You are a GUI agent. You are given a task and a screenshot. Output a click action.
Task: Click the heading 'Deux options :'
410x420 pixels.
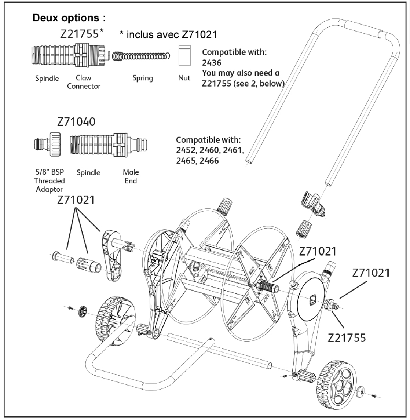pyautogui.click(x=69, y=18)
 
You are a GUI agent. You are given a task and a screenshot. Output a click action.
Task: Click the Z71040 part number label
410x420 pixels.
pyautogui.click(x=76, y=122)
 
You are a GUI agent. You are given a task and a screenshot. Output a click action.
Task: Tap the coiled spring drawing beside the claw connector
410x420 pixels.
pyautogui.click(x=141, y=56)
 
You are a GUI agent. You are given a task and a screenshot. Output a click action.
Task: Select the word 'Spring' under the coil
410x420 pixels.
pyautogui.click(x=143, y=78)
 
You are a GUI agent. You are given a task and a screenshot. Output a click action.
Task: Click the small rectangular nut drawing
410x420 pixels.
pyautogui.click(x=184, y=55)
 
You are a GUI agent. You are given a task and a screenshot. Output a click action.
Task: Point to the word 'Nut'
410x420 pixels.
pyautogui.click(x=184, y=78)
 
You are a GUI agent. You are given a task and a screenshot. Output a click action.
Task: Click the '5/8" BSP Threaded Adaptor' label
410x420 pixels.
pyautogui.click(x=50, y=180)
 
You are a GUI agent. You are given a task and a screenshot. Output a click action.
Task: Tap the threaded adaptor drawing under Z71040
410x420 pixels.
pyautogui.click(x=48, y=144)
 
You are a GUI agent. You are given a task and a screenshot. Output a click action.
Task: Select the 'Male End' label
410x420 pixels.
pyautogui.click(x=131, y=176)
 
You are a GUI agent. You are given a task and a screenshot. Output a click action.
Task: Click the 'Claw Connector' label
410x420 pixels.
pyautogui.click(x=84, y=82)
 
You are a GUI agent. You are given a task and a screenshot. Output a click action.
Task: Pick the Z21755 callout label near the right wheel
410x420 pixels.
pyautogui.click(x=347, y=338)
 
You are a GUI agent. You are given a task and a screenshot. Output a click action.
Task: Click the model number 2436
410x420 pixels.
pyautogui.click(x=212, y=63)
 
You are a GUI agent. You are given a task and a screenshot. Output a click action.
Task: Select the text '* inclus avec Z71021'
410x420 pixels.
pyautogui.click(x=168, y=34)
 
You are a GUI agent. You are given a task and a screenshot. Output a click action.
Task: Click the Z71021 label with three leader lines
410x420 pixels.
pyautogui.click(x=76, y=200)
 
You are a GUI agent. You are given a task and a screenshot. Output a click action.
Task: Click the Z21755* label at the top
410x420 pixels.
pyautogui.click(x=82, y=34)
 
